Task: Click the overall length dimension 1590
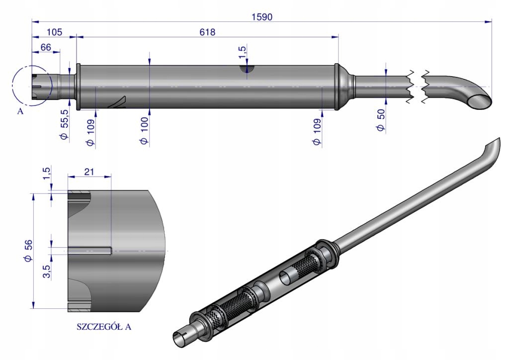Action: (261, 16)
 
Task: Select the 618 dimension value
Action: (207, 32)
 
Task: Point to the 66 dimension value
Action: (46, 47)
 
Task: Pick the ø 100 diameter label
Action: (145, 131)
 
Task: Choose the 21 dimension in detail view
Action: (89, 172)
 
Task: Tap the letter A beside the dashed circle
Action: (20, 111)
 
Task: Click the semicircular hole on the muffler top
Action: (247, 69)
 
